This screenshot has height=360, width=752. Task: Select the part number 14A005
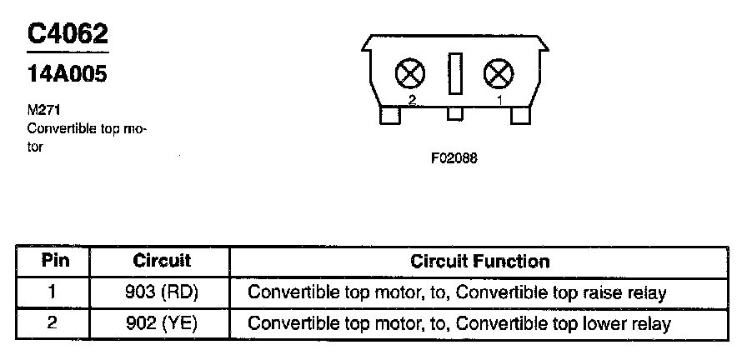click(x=67, y=75)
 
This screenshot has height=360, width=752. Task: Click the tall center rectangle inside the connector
click(x=454, y=73)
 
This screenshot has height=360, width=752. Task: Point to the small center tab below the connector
click(x=454, y=113)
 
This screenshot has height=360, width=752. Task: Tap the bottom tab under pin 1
click(x=520, y=115)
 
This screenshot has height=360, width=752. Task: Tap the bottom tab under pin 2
click(x=389, y=115)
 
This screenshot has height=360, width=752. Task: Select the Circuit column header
click(x=162, y=261)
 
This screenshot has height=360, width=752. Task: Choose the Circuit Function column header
click(x=479, y=261)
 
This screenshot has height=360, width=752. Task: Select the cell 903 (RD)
click(x=162, y=292)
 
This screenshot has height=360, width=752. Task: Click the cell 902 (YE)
click(x=162, y=323)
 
